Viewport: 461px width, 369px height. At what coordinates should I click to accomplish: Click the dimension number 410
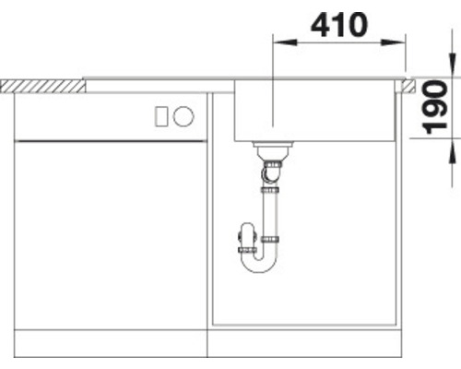coord(338,25)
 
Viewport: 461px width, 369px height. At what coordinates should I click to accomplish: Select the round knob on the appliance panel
coord(183,116)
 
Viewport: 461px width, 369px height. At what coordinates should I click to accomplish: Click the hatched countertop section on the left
coord(41,85)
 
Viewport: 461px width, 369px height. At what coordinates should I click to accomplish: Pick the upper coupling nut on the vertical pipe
coord(270,189)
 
